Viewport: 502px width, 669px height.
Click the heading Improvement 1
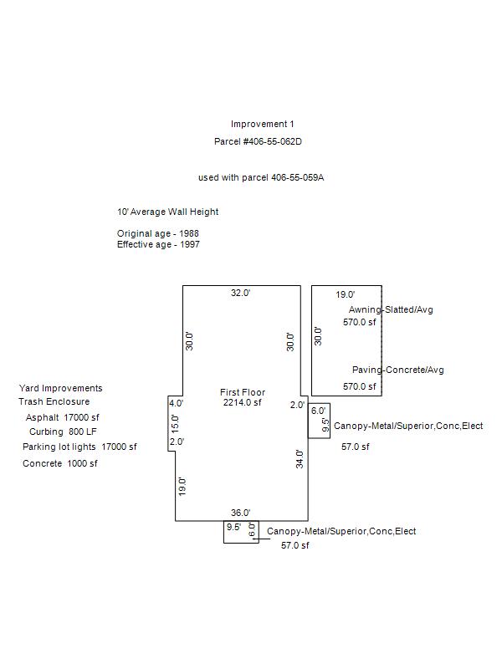tap(263, 125)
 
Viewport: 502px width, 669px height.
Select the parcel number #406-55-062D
tap(258, 142)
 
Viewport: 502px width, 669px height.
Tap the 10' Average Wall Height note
tap(167, 212)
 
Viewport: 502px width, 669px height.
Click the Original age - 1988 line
tap(158, 233)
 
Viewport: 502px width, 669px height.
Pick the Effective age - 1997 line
tap(158, 245)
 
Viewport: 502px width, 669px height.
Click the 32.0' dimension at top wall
tap(241, 294)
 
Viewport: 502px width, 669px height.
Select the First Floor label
tap(243, 392)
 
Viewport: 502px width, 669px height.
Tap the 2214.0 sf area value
tap(243, 403)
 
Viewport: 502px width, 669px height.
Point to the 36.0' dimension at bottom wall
tap(241, 513)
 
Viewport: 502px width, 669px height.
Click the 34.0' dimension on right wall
tap(300, 458)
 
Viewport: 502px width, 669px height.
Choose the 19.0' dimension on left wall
tap(182, 486)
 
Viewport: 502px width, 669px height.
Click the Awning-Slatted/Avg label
tap(391, 310)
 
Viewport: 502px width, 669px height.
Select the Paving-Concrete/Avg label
tap(397, 370)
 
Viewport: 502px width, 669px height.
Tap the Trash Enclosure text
tap(54, 402)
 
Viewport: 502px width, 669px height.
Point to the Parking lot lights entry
tap(79, 447)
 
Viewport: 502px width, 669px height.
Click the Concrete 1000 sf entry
tap(60, 464)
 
